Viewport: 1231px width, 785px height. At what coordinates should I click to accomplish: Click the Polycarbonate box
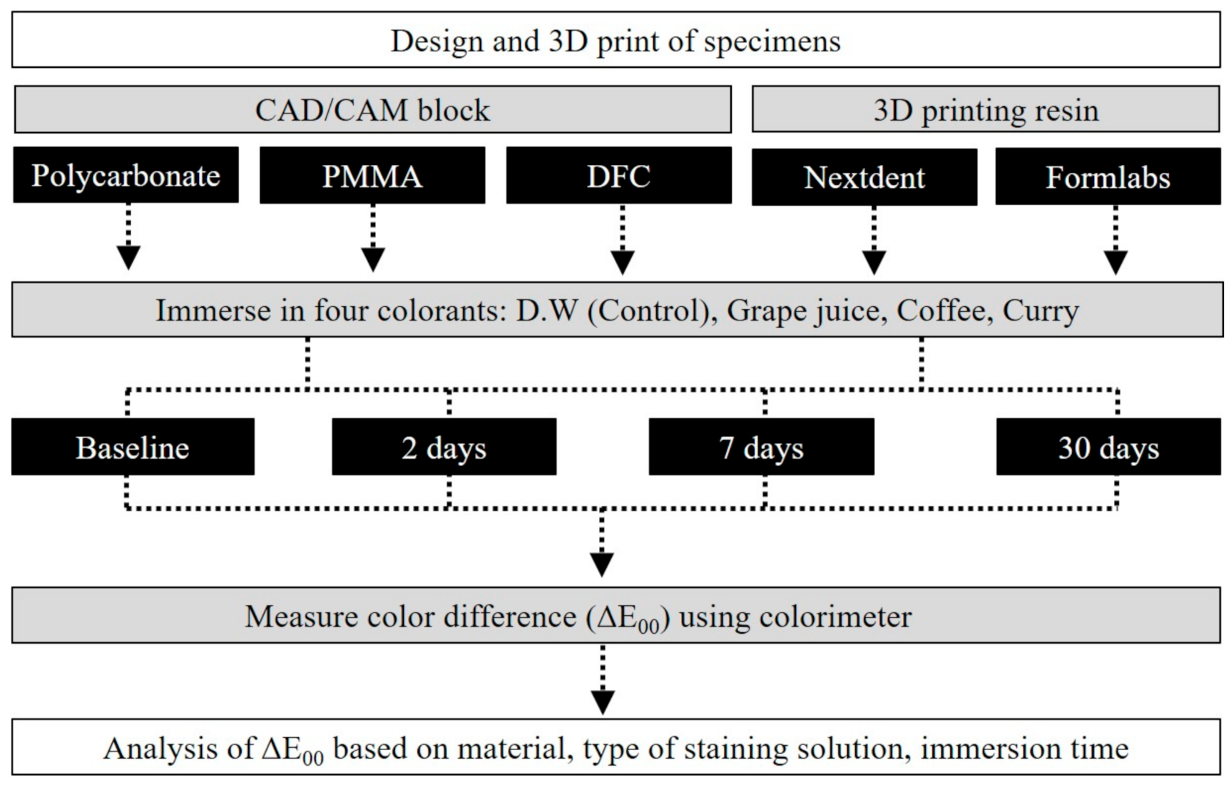point(126,176)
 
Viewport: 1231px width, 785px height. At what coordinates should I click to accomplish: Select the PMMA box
point(372,176)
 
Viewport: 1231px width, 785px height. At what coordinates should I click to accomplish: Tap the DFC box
point(618,176)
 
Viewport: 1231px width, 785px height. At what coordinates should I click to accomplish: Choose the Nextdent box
point(864,177)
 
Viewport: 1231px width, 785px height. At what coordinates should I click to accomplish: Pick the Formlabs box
point(1108,177)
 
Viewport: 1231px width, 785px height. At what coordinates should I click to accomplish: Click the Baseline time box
point(133,447)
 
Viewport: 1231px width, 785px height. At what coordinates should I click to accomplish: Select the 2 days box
point(444,447)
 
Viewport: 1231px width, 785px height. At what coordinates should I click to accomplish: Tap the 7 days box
point(761,447)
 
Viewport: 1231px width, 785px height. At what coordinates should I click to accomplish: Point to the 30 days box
point(1108,447)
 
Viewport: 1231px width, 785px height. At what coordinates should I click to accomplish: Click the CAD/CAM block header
point(372,110)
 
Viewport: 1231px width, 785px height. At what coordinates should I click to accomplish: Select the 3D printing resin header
point(986,110)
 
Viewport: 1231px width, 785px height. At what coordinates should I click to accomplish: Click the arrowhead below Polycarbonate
point(128,257)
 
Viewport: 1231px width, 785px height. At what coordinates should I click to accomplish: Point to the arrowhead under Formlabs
point(1115,261)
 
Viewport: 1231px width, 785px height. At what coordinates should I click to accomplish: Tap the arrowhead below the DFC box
point(623,261)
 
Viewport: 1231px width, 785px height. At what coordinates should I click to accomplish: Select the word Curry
point(1041,310)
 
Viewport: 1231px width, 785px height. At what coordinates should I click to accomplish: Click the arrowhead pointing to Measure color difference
point(602,564)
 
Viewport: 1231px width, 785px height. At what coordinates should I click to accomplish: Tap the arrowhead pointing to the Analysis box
point(603,701)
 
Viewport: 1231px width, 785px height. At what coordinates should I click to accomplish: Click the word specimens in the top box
point(772,41)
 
